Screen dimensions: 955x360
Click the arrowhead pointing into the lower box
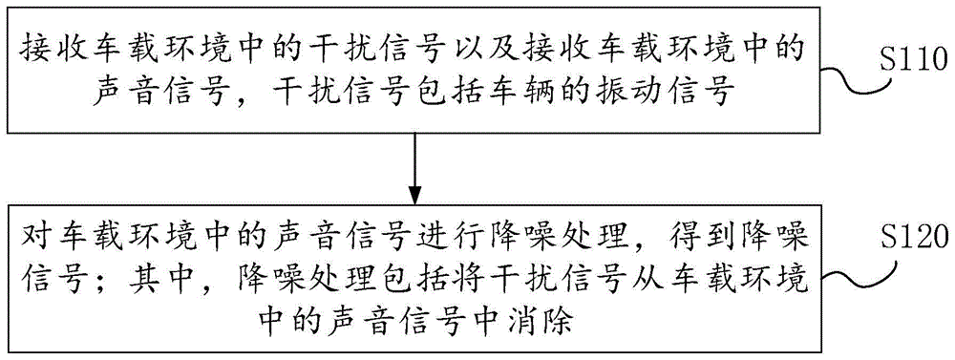point(414,188)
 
